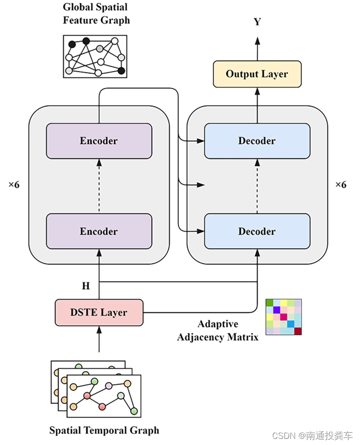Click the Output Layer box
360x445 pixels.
tap(257, 74)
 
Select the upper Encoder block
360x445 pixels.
tap(99, 141)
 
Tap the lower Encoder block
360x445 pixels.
tap(99, 231)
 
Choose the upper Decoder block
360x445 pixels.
tap(257, 141)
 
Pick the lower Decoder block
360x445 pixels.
tap(257, 231)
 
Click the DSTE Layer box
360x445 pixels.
tap(99, 312)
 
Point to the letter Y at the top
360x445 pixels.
tap(257, 22)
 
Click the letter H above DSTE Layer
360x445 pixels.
tap(86, 286)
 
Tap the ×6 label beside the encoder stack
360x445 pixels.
tap(14, 185)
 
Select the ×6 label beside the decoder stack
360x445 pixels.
tap(341, 185)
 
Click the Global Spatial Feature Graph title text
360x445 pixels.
tap(96, 14)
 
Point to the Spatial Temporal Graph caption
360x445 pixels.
tap(104, 430)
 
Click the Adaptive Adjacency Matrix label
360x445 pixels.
tap(218, 330)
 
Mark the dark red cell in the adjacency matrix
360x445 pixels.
tap(297, 331)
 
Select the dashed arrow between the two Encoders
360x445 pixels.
tap(99, 186)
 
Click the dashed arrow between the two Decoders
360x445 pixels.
tap(257, 186)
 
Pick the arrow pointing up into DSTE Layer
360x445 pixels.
tap(99, 339)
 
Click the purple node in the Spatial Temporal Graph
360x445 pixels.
tap(109, 385)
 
